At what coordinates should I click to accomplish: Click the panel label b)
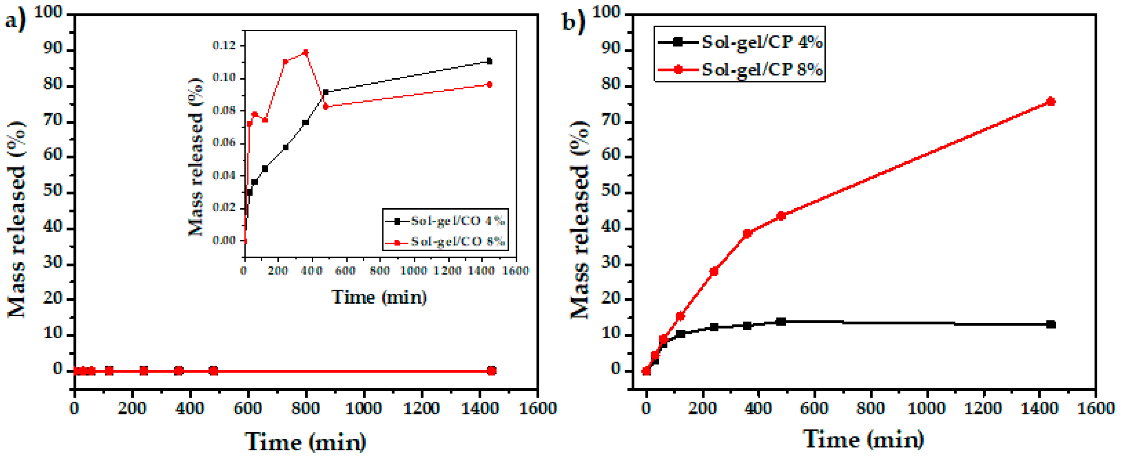coord(573,20)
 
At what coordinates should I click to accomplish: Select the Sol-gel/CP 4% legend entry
coord(762,42)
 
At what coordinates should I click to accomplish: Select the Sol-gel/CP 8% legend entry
coord(762,69)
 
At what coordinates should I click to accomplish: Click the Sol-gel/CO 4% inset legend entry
coord(457,221)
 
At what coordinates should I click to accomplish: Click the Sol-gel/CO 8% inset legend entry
coord(457,241)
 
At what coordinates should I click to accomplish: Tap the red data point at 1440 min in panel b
coord(1050,102)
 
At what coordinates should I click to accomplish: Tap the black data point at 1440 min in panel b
coord(1050,324)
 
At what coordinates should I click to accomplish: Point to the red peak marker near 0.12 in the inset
coord(306,53)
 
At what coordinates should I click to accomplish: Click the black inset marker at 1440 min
coord(489,61)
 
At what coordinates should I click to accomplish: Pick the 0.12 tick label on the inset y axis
coord(223,45)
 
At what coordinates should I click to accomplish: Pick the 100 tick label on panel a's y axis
coord(48,12)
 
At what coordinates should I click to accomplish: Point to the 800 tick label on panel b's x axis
coord(870,408)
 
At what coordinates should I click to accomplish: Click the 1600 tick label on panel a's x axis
coord(538,408)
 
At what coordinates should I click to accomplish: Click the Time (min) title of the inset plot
coord(379,297)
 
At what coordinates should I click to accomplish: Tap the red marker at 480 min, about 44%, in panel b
coord(781,216)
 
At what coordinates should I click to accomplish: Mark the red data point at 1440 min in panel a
coord(491,371)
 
